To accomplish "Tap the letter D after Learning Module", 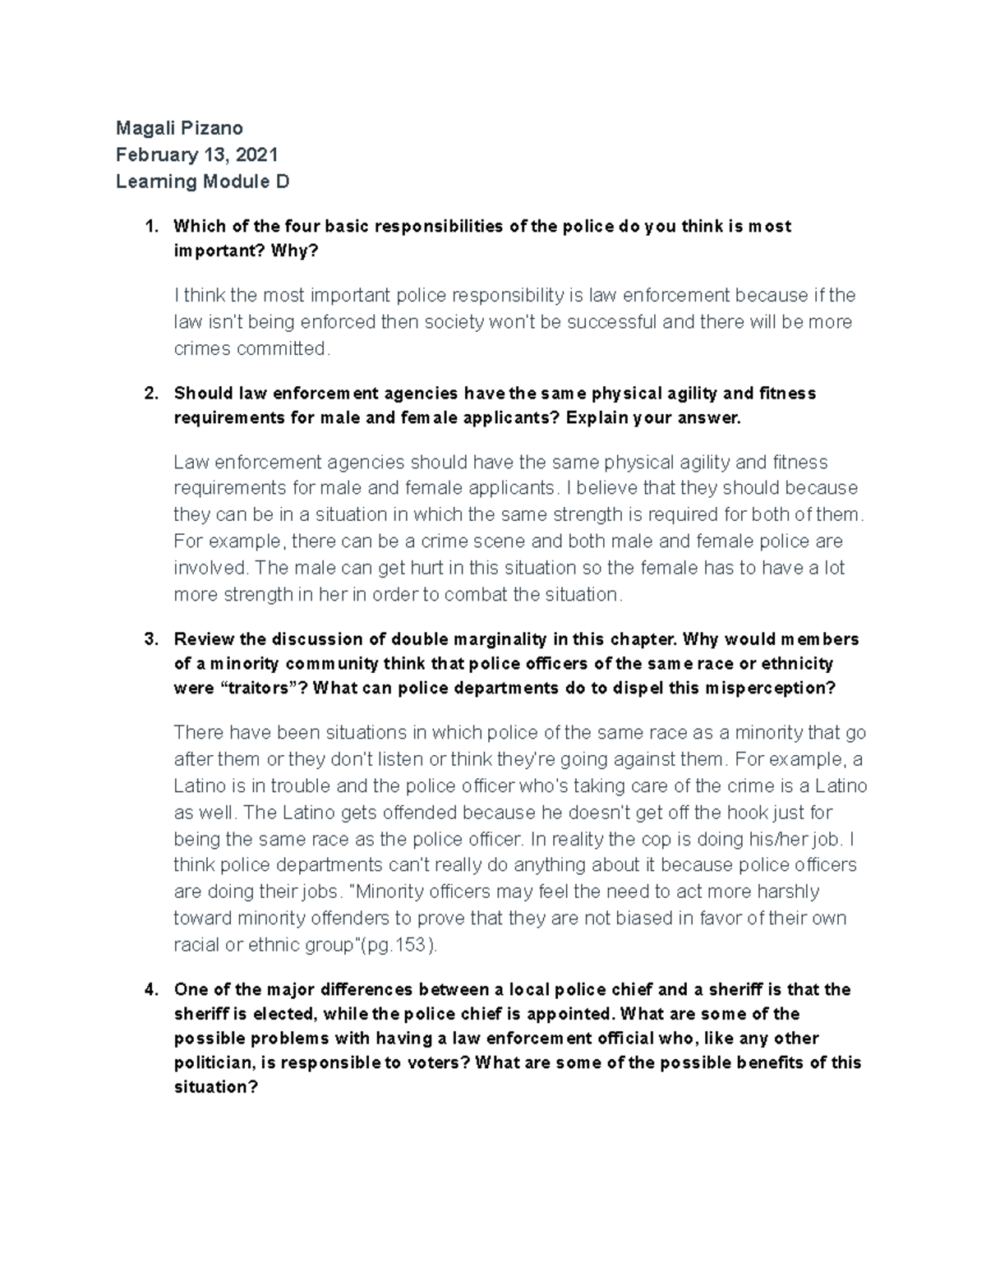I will [283, 182].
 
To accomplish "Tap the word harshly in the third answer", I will [788, 891].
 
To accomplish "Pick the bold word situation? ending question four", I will [216, 1087].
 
